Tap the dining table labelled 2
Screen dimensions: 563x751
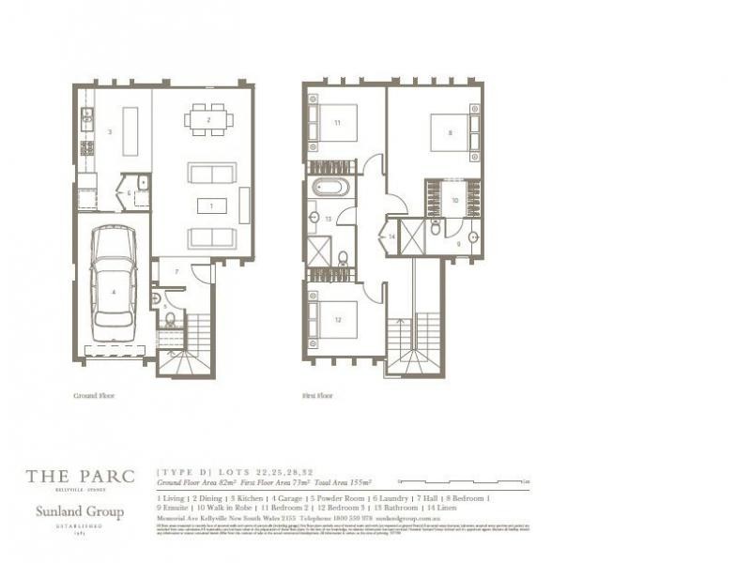208,119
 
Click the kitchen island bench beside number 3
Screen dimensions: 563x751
130,132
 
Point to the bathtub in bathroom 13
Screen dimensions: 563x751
330,187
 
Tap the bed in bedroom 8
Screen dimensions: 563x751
453,132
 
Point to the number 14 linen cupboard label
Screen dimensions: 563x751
391,236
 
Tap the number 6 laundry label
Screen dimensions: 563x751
130,193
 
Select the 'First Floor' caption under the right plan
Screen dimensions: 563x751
317,396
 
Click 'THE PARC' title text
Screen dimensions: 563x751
80,476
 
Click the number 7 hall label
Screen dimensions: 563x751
176,271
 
